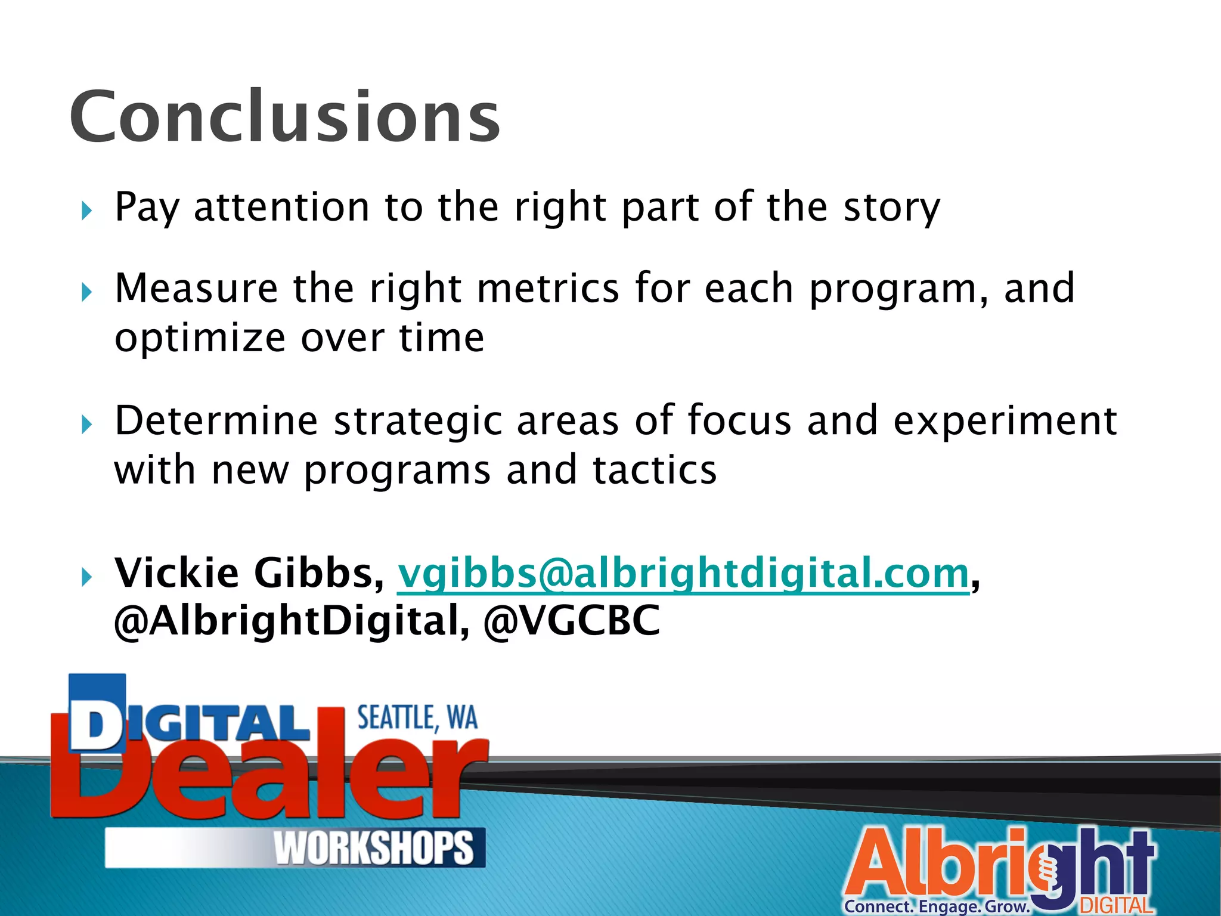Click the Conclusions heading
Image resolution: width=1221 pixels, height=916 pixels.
[x=285, y=117]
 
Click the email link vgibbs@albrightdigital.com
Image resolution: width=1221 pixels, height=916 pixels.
[x=683, y=574]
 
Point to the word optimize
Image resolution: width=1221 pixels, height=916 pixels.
[x=200, y=339]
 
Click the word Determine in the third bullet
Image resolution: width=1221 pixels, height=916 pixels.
[x=216, y=421]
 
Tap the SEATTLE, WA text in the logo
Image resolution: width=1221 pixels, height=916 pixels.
[x=417, y=718]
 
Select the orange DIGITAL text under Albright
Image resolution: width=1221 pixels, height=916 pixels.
[x=1116, y=906]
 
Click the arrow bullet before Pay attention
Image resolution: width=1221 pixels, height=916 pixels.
[x=87, y=211]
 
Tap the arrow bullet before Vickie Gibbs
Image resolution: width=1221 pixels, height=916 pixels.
[x=87, y=577]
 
